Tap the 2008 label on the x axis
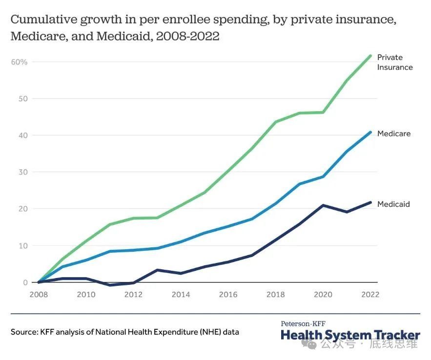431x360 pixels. pos(38,295)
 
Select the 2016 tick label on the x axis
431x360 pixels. pos(228,295)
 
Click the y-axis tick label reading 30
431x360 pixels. pos(23,172)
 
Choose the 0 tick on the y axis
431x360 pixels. pos(25,282)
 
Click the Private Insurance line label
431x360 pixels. pos(394,62)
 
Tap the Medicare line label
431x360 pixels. pos(393,134)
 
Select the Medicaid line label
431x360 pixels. pos(393,204)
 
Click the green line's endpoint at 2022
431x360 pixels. pos(371,56)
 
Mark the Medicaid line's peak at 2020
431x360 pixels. pos(323,205)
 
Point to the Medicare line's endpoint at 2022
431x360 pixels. pos(371,132)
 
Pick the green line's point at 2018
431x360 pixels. pos(276,122)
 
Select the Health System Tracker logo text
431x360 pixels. pos(350,335)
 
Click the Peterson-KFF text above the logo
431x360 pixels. pos(303,323)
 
